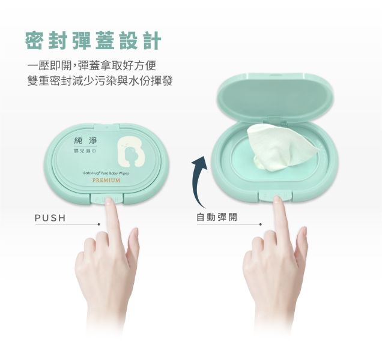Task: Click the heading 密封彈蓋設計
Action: (x=93, y=41)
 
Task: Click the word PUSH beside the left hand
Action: (x=50, y=217)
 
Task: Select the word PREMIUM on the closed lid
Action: (x=106, y=180)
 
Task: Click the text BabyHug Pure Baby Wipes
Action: (x=106, y=172)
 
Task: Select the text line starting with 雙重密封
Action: (x=100, y=80)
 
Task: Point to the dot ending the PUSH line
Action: (x=99, y=224)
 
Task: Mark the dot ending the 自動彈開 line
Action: (x=261, y=224)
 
